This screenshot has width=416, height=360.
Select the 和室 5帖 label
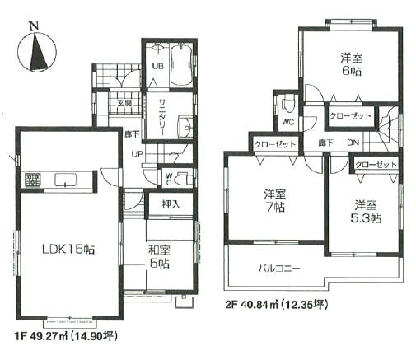click(x=159, y=257)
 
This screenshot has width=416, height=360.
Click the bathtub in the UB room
click(x=180, y=63)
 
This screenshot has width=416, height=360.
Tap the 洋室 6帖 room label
click(x=352, y=65)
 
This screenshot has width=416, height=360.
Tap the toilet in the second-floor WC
click(x=286, y=106)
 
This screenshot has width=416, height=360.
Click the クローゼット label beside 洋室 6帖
click(x=351, y=118)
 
